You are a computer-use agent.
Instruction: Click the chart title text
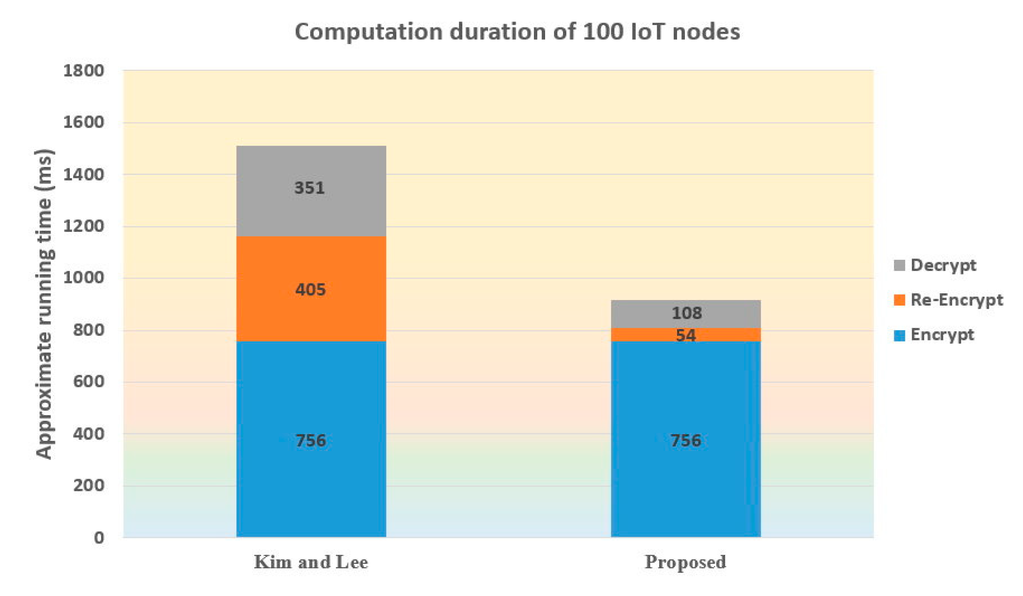tap(517, 32)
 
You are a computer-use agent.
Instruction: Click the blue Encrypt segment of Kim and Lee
tap(311, 406)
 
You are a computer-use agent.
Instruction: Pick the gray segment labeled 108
tap(685, 314)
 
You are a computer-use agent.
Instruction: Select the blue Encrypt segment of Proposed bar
tap(685, 406)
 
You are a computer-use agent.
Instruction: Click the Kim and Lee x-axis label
tap(311, 562)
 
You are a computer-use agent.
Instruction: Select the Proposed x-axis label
tap(685, 562)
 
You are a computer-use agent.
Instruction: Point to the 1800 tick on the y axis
tap(83, 71)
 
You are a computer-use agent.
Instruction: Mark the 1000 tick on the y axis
tap(83, 278)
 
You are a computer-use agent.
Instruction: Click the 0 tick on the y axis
tap(99, 538)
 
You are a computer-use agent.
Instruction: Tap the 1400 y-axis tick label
tap(83, 175)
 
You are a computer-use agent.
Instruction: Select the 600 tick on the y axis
tap(88, 382)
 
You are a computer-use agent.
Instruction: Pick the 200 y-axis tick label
tap(88, 486)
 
